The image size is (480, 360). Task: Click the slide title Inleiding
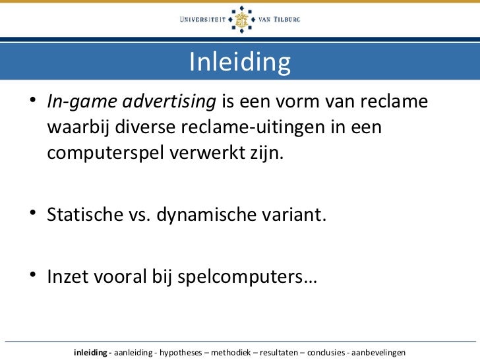tap(239, 63)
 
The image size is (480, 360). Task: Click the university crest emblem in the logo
tap(240, 20)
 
